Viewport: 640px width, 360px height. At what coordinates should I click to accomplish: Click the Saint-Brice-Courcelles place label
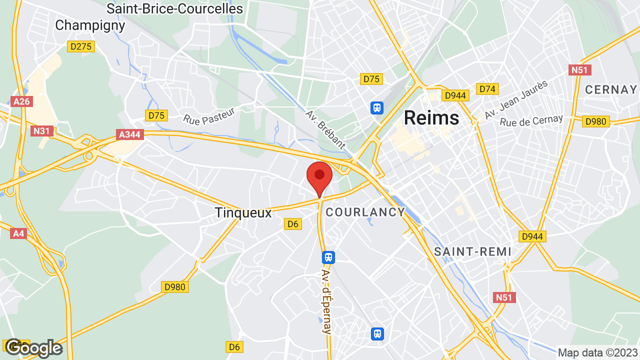175,8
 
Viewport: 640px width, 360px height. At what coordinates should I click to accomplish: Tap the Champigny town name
90,25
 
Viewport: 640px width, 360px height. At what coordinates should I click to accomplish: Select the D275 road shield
81,46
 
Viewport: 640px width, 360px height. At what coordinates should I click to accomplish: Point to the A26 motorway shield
21,101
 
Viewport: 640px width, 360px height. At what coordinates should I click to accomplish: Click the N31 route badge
42,131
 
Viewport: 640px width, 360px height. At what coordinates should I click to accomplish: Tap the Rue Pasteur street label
209,116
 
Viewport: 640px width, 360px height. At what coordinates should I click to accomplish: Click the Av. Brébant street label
325,129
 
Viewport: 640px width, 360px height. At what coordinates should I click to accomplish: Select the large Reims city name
431,117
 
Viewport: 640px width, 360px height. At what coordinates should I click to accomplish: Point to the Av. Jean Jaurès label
516,100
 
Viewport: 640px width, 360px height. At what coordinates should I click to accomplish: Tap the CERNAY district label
611,89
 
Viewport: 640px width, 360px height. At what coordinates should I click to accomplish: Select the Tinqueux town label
243,212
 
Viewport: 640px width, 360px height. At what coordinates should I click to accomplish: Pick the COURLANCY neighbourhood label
365,212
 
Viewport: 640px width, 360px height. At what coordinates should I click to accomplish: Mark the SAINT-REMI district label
472,251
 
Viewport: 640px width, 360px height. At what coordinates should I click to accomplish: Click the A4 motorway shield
18,233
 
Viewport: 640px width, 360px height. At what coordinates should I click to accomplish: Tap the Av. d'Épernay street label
327,301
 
